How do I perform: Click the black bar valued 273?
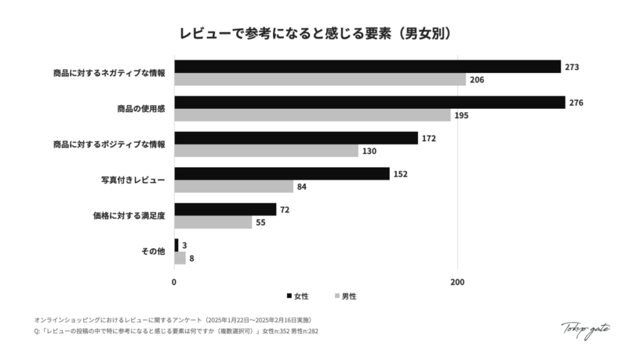tap(367, 66)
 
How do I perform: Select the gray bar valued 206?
tap(320, 79)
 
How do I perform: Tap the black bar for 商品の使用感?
tap(369, 102)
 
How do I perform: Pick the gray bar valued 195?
tap(312, 116)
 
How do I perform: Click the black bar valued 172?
tap(296, 138)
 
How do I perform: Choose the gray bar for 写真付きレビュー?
tap(234, 187)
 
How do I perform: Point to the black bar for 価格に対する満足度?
tap(225, 209)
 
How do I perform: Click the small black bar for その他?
tap(176, 245)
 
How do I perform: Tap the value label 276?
tap(576, 102)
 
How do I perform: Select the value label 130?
tap(369, 151)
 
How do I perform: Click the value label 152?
tap(401, 174)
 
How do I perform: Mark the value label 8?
tap(191, 258)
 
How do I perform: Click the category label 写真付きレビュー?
tap(133, 180)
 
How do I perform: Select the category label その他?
tap(153, 251)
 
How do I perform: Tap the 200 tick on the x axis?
tap(457, 282)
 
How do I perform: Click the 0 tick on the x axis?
tap(174, 282)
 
